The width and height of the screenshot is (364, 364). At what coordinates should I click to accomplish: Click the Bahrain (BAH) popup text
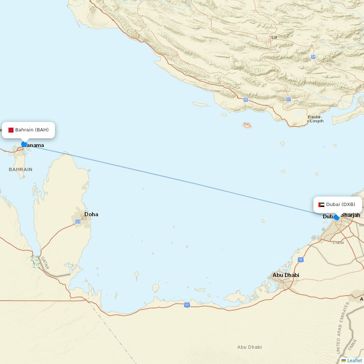click(x=32, y=130)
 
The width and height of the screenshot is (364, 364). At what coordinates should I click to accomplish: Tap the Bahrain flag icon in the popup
click(x=11, y=130)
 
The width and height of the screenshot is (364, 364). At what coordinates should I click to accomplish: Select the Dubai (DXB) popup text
click(x=340, y=205)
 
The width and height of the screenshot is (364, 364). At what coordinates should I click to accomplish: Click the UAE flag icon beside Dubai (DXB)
click(x=321, y=205)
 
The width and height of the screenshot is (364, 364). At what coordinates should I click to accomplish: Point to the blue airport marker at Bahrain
click(x=24, y=144)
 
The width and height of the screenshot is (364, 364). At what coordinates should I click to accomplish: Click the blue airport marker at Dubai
click(x=336, y=217)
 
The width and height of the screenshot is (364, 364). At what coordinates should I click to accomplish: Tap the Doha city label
click(x=91, y=214)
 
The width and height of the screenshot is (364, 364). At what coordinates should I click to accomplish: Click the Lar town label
click(x=274, y=37)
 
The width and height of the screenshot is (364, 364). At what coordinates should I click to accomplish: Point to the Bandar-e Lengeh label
click(x=315, y=119)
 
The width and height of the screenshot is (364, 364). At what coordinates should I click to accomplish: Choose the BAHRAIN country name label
click(x=20, y=169)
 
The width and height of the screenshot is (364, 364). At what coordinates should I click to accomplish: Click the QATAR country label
click(x=45, y=263)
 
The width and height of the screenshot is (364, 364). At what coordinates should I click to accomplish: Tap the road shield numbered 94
click(x=313, y=57)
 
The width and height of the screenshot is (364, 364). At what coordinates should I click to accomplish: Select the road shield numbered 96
click(x=246, y=99)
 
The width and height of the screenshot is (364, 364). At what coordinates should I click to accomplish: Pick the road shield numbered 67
click(x=289, y=99)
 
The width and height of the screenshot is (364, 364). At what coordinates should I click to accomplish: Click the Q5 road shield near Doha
click(x=78, y=221)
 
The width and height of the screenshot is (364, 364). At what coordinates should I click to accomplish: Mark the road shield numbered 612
click(x=34, y=258)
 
